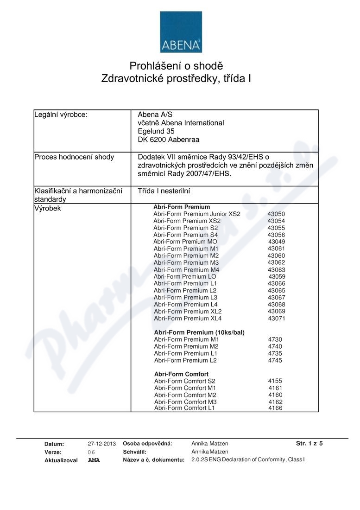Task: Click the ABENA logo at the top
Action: click(181, 32)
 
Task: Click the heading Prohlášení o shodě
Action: click(176, 66)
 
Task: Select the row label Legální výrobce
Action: click(61, 115)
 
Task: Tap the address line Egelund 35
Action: click(156, 131)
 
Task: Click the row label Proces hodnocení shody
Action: click(74, 157)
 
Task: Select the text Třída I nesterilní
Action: click(164, 191)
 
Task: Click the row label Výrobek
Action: click(47, 208)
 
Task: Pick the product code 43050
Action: click(276, 214)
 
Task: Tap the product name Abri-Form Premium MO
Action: click(185, 242)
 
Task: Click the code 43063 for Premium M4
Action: click(277, 270)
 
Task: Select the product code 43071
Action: click(277, 319)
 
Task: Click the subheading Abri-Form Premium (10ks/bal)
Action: click(199, 332)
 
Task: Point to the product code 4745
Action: click(275, 360)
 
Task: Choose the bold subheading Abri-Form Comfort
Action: click(181, 374)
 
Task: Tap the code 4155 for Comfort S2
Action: click(275, 381)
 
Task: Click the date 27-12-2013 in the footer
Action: click(101, 444)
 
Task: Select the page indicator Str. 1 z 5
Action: click(309, 443)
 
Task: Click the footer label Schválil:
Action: click(134, 452)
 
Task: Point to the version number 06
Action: click(91, 452)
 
